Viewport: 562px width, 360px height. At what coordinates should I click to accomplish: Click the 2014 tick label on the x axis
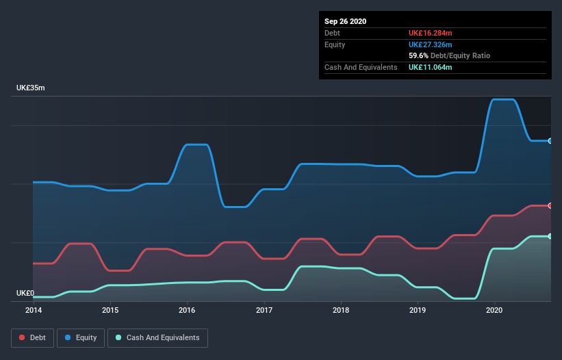point(33,310)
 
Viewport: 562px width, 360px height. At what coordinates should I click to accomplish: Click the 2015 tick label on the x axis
point(110,310)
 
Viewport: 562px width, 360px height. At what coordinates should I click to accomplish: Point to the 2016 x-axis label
point(187,310)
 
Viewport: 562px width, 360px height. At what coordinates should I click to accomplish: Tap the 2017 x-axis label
point(264,310)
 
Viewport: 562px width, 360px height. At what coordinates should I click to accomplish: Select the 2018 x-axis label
point(341,310)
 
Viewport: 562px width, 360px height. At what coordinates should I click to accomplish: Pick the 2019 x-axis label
point(418,310)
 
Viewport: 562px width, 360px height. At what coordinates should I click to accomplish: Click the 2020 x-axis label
point(494,310)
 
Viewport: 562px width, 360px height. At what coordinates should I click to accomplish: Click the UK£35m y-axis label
point(31,88)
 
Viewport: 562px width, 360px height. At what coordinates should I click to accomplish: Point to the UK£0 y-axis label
point(25,293)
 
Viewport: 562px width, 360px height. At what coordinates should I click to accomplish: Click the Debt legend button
point(31,337)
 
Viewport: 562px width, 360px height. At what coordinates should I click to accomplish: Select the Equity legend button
point(81,337)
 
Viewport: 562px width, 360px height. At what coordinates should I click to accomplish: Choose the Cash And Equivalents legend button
point(157,337)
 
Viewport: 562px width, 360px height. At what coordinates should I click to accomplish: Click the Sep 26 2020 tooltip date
point(345,21)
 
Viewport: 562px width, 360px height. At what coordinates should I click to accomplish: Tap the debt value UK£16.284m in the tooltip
point(431,33)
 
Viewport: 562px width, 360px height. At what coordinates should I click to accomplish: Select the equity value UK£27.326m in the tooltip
point(431,44)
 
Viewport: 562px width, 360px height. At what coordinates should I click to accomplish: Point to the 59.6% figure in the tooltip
point(419,55)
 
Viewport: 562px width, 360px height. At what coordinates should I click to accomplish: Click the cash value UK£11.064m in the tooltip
point(431,67)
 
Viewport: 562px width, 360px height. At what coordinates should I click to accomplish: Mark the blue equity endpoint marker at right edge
point(550,140)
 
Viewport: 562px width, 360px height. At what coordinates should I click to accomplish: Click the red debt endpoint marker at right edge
point(550,205)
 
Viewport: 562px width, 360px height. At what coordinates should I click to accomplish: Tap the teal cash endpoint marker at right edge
point(550,236)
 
